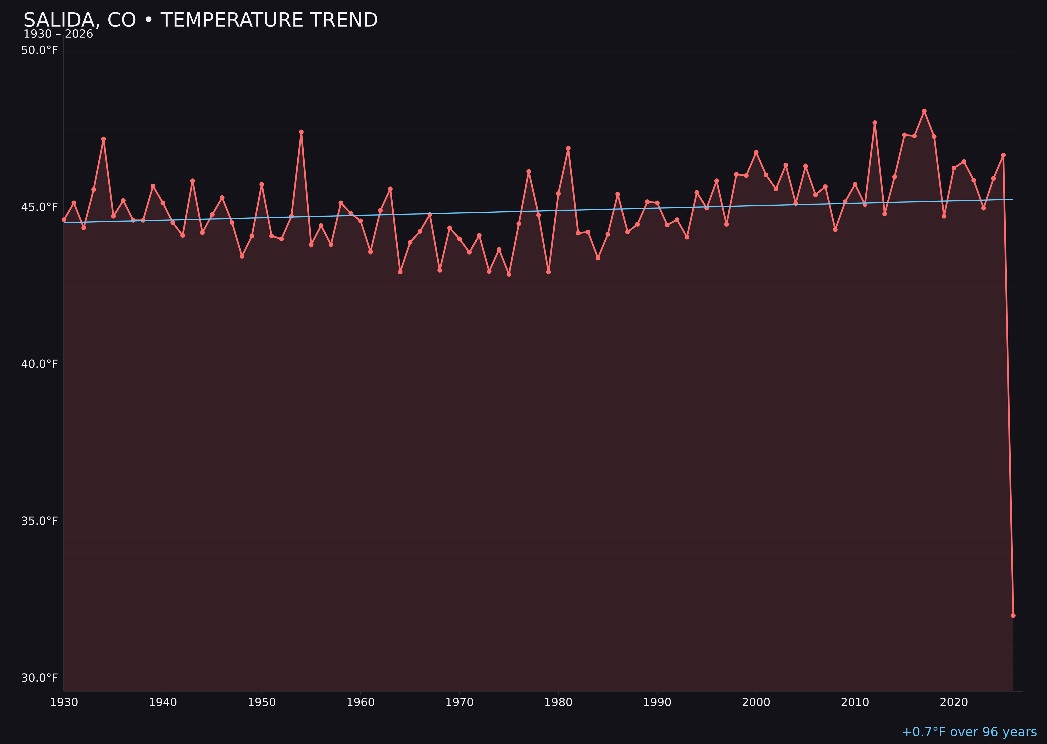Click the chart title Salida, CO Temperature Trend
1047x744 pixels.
200,20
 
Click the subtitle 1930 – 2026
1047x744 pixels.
58,34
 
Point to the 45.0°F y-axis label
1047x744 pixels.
40,207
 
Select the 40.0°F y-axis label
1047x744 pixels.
40,364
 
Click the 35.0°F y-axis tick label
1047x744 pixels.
40,521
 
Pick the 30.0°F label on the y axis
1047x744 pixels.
40,678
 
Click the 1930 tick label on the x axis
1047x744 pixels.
64,702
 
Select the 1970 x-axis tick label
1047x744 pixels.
459,702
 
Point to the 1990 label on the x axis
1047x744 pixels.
657,702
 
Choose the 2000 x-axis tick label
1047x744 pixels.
756,702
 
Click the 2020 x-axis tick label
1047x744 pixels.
954,702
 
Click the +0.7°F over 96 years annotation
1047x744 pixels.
969,732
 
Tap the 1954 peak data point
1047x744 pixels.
301,132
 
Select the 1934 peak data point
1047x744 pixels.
104,139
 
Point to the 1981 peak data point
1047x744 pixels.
568,148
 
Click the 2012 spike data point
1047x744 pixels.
875,123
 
